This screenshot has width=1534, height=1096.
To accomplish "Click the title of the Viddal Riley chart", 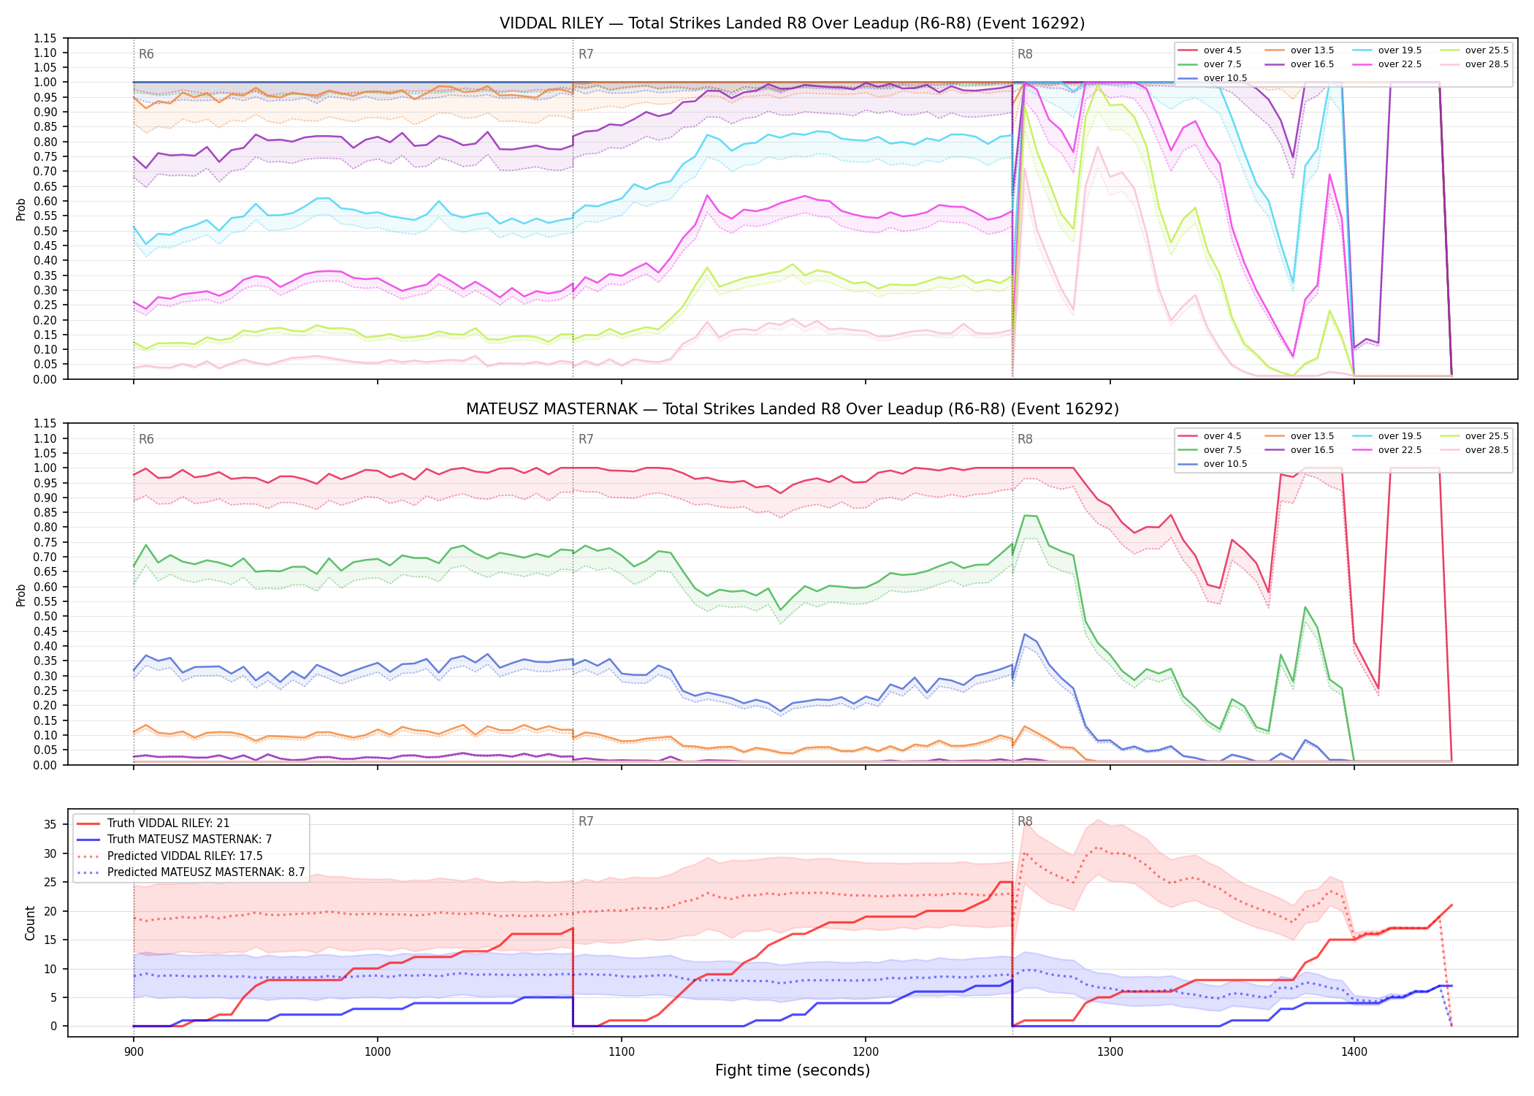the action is (x=792, y=23).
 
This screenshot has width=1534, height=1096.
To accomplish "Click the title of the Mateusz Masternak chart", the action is (x=792, y=409).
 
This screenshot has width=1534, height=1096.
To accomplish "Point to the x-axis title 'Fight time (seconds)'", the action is (x=793, y=1070).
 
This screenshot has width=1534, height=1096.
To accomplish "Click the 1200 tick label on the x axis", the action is (x=866, y=1052).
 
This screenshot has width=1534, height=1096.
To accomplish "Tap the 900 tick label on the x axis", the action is (x=133, y=1052).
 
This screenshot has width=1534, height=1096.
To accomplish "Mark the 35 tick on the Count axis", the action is (x=50, y=824).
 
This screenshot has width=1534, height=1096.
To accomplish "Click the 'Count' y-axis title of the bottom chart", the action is (x=30, y=923).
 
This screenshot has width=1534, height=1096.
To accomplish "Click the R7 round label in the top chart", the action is (x=586, y=54).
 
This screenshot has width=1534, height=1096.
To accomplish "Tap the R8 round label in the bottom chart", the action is (x=1025, y=821).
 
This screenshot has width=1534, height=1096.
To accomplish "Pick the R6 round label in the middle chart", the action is (x=146, y=439).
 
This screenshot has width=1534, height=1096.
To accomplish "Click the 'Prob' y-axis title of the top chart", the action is (x=21, y=209).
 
